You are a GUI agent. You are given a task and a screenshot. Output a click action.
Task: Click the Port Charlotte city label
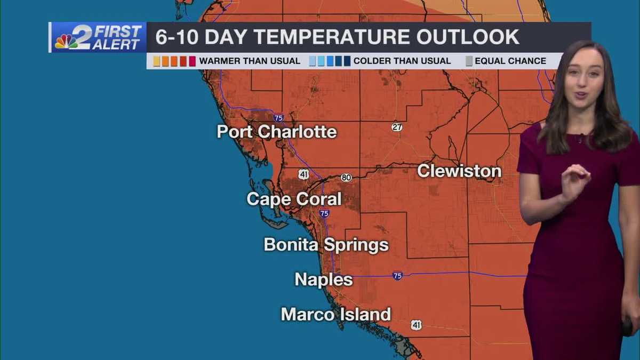(x=277, y=132)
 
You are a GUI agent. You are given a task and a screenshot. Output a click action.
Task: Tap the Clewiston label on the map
(x=459, y=171)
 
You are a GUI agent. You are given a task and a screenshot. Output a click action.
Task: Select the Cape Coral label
(x=294, y=199)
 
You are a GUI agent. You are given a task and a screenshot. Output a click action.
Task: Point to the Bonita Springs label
(x=326, y=245)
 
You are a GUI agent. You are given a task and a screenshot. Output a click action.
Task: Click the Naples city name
(x=324, y=279)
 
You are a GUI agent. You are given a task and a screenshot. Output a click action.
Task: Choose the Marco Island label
(x=336, y=314)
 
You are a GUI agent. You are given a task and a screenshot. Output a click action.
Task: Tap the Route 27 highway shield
(x=397, y=127)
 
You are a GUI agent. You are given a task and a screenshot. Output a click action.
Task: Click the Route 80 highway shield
(x=346, y=178)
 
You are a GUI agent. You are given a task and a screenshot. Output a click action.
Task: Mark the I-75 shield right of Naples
(x=398, y=276)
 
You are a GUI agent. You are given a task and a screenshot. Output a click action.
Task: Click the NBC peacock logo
(x=66, y=41)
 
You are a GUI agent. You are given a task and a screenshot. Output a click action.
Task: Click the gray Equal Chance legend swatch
(x=469, y=61)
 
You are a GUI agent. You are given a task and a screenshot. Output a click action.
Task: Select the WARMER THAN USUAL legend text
(x=250, y=61)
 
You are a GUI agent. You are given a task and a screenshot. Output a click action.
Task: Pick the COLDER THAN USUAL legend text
(x=402, y=61)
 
